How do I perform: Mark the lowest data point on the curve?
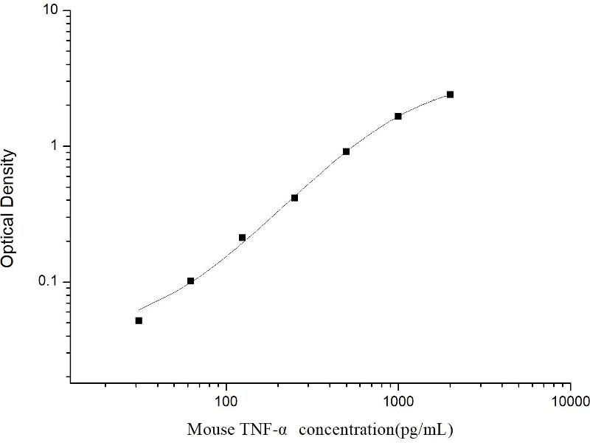tap(139, 320)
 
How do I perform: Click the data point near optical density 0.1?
tap(190, 281)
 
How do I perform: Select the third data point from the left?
tap(242, 238)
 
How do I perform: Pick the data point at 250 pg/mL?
tap(294, 198)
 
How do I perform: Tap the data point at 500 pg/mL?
tap(346, 151)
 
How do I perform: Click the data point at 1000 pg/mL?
tap(398, 116)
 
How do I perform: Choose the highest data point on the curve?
tap(450, 95)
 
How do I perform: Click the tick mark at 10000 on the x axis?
tap(570, 383)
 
